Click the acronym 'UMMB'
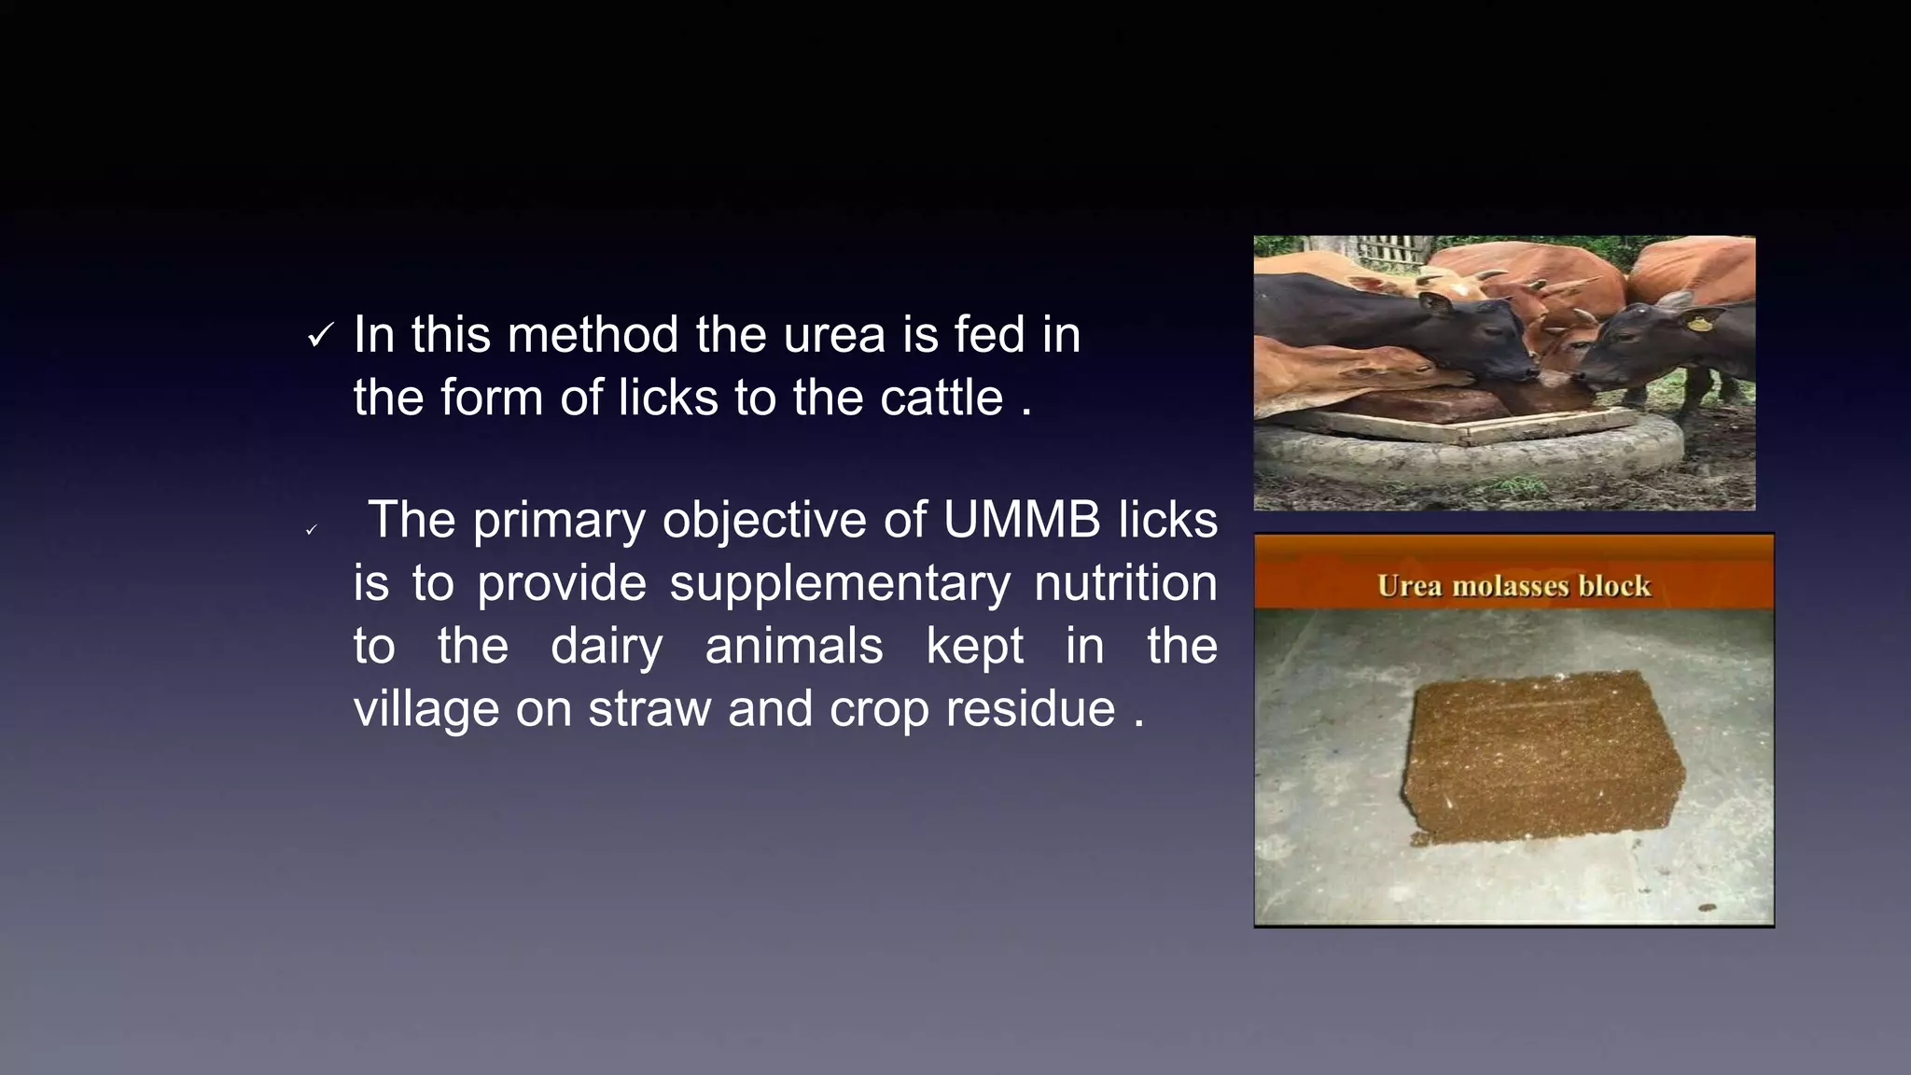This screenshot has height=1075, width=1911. click(1022, 520)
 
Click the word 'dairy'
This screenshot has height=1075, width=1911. click(607, 647)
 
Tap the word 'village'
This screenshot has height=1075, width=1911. click(425, 709)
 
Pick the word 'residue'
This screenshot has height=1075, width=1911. click(1030, 709)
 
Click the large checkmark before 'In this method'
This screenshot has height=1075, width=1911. click(319, 336)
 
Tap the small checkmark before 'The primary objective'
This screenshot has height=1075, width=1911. click(312, 530)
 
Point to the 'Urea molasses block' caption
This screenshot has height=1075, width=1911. click(1513, 586)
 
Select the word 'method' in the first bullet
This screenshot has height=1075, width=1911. click(593, 335)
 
